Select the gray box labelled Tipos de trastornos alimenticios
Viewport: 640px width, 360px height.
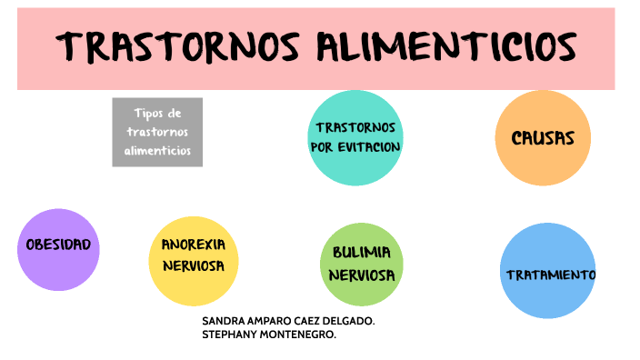pos(157,133)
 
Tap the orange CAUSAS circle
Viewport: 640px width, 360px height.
pos(543,138)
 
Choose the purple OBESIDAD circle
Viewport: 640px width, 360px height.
pos(58,249)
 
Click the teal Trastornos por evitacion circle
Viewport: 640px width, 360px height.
pos(355,137)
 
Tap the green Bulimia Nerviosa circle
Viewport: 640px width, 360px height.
pos(362,265)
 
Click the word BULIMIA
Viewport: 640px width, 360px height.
pos(362,252)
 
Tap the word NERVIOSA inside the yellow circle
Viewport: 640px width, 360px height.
pos(193,266)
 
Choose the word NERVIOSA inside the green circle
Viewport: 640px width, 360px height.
pos(362,275)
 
